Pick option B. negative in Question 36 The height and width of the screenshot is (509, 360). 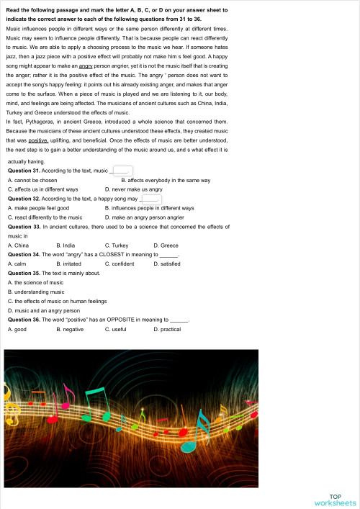[x=70, y=328]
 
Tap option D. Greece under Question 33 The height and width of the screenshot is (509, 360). [x=166, y=246]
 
